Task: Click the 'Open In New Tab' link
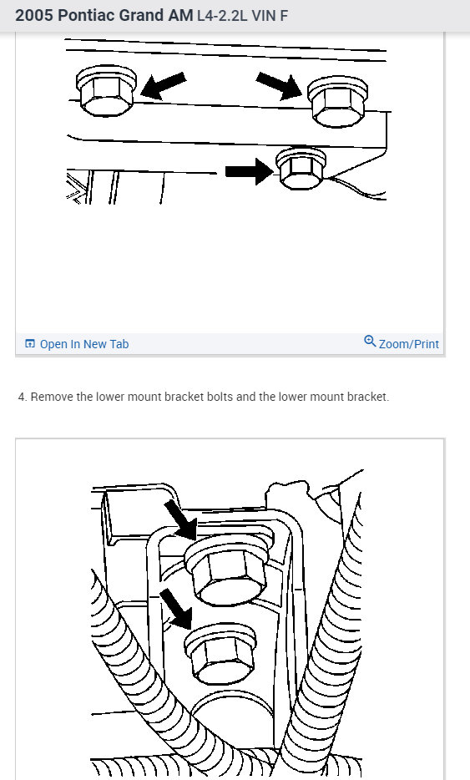(x=84, y=344)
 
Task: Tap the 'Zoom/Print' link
(x=409, y=344)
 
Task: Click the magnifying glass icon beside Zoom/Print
(x=370, y=342)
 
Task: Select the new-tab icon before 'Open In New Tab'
(x=30, y=343)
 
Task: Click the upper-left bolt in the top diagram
(x=105, y=90)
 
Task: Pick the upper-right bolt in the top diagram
(x=337, y=102)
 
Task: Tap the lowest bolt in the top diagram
(x=301, y=169)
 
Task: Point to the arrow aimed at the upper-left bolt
(x=163, y=85)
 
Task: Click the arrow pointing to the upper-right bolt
(x=280, y=85)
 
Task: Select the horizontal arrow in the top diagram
(x=249, y=171)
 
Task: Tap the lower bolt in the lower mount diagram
(x=221, y=654)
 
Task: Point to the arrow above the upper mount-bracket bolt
(x=182, y=519)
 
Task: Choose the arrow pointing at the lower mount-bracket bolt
(x=177, y=607)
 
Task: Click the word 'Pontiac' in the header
(x=81, y=15)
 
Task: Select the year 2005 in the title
(x=34, y=15)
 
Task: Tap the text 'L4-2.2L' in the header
(x=222, y=16)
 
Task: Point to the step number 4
(x=22, y=397)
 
